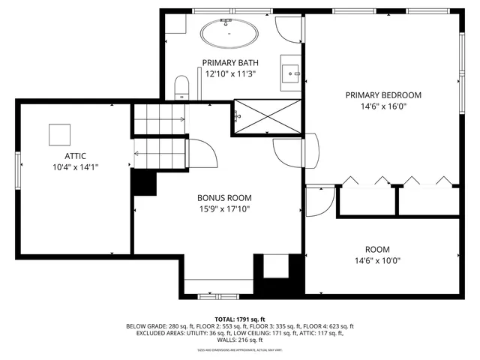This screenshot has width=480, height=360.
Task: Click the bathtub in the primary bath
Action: [229, 34]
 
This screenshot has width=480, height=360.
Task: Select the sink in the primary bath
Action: [291, 73]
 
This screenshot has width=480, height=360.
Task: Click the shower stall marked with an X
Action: [268, 116]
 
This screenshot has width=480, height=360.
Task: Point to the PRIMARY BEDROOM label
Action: [382, 95]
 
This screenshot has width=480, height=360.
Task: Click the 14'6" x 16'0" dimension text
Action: [382, 106]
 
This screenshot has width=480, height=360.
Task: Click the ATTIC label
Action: [75, 156]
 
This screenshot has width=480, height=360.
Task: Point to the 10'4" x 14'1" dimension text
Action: [75, 167]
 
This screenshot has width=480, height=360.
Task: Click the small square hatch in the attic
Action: [60, 134]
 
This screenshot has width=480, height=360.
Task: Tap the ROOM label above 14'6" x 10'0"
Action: [377, 249]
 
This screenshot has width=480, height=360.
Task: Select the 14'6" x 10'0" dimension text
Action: [377, 261]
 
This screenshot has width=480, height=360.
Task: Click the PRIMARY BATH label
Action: [230, 62]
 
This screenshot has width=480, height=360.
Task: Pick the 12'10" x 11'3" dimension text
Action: [230, 73]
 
